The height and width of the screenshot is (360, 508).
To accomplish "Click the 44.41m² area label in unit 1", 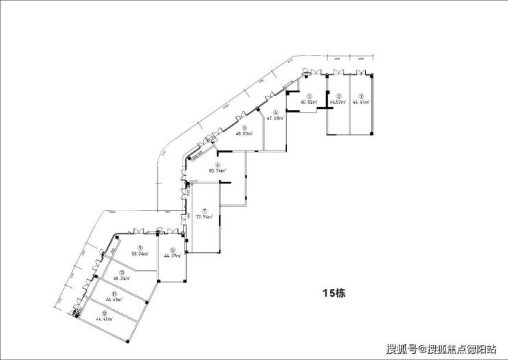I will [x=361, y=102].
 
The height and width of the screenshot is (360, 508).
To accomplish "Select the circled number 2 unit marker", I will [x=338, y=96].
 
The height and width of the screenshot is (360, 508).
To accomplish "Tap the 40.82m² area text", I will [x=310, y=102].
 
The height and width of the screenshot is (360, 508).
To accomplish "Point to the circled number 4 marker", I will [x=275, y=112].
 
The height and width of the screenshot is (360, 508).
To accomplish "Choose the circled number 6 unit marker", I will [x=217, y=165].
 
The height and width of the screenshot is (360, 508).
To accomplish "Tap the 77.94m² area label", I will [x=204, y=216].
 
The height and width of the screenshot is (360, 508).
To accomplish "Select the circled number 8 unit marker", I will [x=172, y=250].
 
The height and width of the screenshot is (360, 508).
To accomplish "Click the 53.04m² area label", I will [x=139, y=254].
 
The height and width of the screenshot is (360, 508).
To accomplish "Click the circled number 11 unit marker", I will [x=105, y=293].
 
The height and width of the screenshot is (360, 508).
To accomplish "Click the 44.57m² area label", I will [x=338, y=102].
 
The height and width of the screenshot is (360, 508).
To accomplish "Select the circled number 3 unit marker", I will [x=310, y=96].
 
